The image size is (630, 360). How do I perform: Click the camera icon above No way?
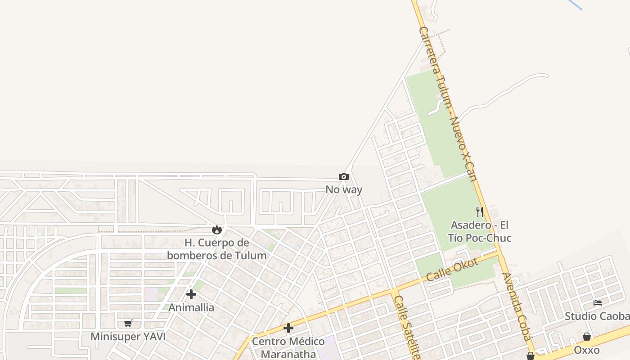pyautogui.click(x=344, y=177)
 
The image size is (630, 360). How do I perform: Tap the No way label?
pyautogui.click(x=344, y=189)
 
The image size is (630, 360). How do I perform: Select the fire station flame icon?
pyautogui.click(x=217, y=229)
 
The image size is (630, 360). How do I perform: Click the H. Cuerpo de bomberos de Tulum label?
pyautogui.click(x=217, y=249)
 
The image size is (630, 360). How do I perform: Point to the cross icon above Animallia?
pyautogui.click(x=191, y=294)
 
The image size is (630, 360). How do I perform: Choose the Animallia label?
pyautogui.click(x=191, y=308)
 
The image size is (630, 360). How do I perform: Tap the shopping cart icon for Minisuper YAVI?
pyautogui.click(x=128, y=323)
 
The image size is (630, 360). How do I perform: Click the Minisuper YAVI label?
pyautogui.click(x=128, y=337)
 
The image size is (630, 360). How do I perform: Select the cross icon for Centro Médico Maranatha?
pyautogui.click(x=288, y=328)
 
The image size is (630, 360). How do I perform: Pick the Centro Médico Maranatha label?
pyautogui.click(x=288, y=347)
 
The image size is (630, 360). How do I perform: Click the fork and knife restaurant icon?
pyautogui.click(x=480, y=211)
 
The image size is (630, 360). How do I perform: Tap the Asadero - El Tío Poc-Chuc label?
pyautogui.click(x=480, y=231)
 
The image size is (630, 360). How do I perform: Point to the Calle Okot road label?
pyautogui.click(x=452, y=270)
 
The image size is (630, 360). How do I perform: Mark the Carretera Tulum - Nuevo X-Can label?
pyautogui.click(x=448, y=103)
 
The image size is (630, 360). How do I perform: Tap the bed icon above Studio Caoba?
pyautogui.click(x=598, y=303)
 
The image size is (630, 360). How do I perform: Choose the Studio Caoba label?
pyautogui.click(x=597, y=316)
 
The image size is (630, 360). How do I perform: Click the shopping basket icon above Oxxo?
pyautogui.click(x=587, y=337)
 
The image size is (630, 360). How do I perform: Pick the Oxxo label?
pyautogui.click(x=587, y=350)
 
